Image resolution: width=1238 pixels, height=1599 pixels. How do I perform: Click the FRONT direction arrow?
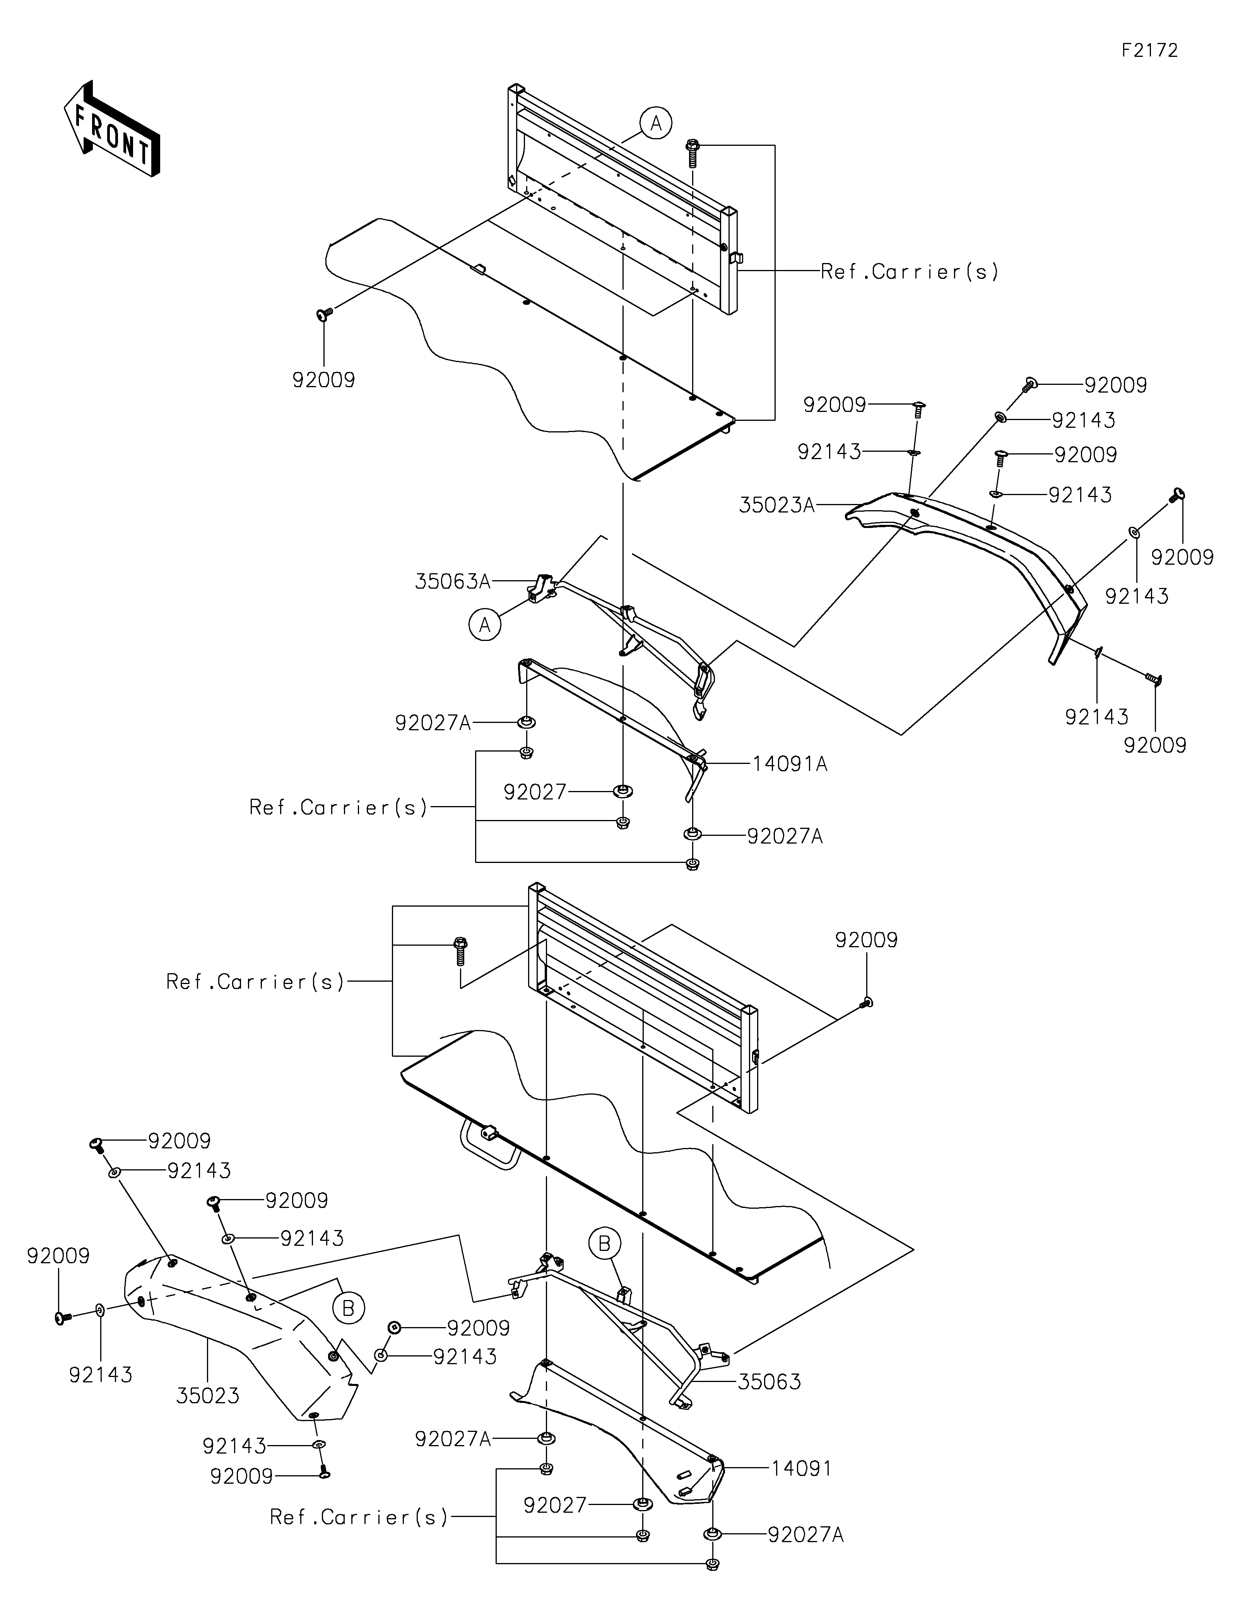point(111,128)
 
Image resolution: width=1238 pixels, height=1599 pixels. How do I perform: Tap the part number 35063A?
point(452,581)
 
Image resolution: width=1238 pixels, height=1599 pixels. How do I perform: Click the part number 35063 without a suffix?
point(769,1382)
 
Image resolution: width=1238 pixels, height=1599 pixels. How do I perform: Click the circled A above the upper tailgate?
point(656,124)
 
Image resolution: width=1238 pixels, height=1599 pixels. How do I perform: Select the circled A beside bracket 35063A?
point(485,625)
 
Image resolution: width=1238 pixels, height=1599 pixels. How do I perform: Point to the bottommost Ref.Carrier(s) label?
point(359,1517)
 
